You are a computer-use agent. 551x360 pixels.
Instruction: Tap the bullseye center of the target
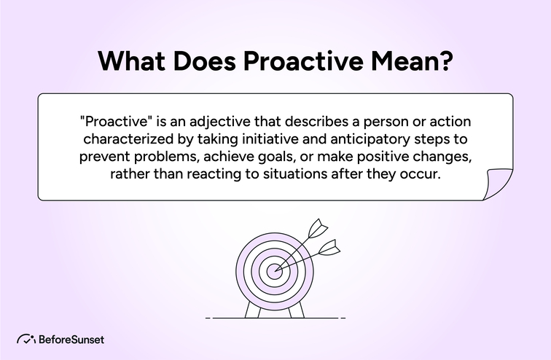pos(274,270)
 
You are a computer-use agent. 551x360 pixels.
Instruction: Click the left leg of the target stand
pos(252,310)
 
